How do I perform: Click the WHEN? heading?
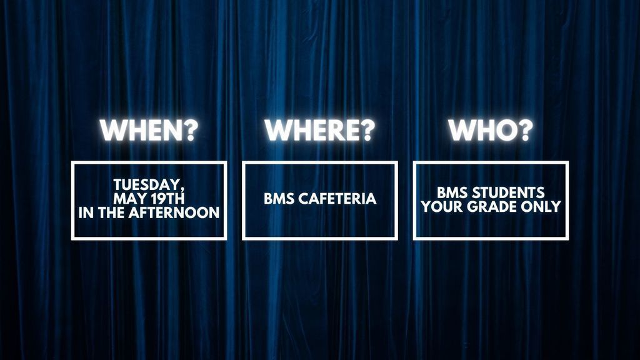click(149, 130)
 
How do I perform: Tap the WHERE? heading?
click(319, 130)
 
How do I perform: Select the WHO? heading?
click(491, 130)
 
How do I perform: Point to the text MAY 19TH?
click(149, 199)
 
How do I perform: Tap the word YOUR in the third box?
click(442, 206)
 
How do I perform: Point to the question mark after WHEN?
click(189, 130)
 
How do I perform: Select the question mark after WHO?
click(525, 130)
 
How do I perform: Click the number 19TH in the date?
click(167, 199)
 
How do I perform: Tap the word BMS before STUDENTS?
click(452, 192)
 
